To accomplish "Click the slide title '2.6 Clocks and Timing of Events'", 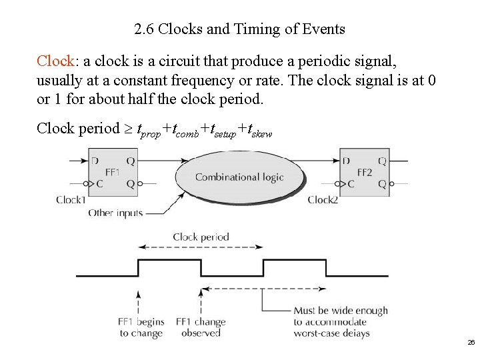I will pos(239,29).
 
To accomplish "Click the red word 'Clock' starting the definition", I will pos(55,61).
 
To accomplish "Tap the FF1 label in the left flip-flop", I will pos(111,172).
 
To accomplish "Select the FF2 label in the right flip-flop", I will pos(364,172).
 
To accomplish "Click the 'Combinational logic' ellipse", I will pos(239,177).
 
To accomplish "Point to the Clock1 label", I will pos(71,199).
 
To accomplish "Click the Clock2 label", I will pos(323,199).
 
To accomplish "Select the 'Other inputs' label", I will pos(115,213).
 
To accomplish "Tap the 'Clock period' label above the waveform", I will pos(201,237).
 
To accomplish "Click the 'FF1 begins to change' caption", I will pos(141,327).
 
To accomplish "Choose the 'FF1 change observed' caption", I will pos(201,327).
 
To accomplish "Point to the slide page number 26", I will pos(471,342).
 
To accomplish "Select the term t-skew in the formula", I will pos(259,130).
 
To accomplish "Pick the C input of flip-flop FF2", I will pos(345,185).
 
